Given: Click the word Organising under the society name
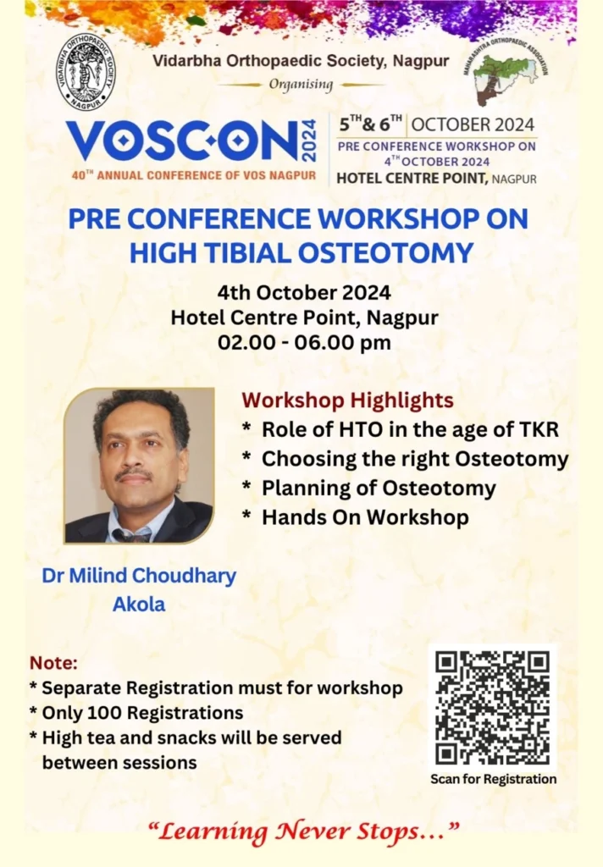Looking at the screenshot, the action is coord(301,85).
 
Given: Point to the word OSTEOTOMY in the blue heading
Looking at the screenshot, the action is coord(385,253).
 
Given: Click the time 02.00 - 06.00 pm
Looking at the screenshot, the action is coord(304,342).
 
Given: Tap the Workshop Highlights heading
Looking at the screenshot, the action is coord(347,400).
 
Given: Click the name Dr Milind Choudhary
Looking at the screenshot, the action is coord(139,576).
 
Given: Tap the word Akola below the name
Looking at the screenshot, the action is coord(139,604).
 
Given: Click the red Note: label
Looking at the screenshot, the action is coord(53,662).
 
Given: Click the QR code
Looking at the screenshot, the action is coord(492,708).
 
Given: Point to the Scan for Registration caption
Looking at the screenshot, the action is coord(494,779).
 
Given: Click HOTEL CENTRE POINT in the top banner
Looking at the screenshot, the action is coord(412,178).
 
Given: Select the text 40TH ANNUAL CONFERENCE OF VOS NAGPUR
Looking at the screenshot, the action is coord(194,175).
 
